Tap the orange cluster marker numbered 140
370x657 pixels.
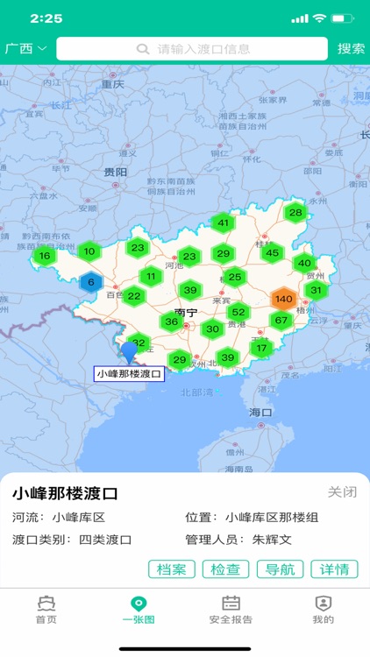(x=283, y=299)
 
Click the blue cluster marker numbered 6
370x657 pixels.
(x=91, y=282)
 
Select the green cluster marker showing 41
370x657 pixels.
(x=224, y=223)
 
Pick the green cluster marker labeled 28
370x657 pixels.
(x=295, y=212)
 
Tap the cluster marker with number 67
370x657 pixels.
(x=281, y=321)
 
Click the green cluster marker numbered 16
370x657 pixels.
(x=44, y=257)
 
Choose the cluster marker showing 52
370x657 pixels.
(x=238, y=312)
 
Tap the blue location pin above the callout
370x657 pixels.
(x=130, y=352)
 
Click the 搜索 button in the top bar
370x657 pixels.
(x=351, y=49)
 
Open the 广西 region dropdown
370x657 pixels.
(x=26, y=49)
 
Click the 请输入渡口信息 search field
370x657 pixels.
(x=193, y=49)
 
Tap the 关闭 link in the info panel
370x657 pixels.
(x=343, y=491)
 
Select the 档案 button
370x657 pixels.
(x=172, y=569)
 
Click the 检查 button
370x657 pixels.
(x=226, y=569)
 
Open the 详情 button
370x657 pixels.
(x=335, y=569)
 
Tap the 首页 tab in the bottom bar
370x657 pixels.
(x=46, y=610)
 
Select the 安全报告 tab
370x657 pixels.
(x=231, y=610)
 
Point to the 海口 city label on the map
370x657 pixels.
(x=260, y=411)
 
